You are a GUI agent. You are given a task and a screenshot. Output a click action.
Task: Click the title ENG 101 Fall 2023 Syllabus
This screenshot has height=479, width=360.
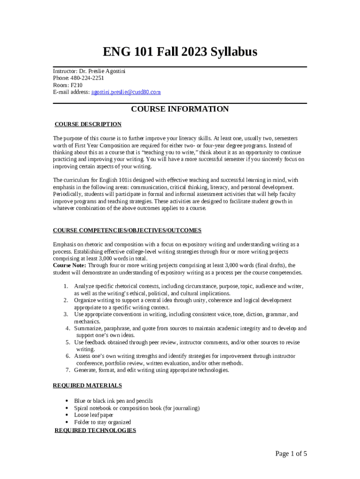point(180,52)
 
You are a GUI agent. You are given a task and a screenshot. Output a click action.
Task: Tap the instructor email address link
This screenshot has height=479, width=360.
point(126,93)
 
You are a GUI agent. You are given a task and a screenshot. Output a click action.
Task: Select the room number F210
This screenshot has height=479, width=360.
point(76,86)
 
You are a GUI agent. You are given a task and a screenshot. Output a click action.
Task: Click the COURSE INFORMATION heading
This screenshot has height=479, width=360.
point(180,109)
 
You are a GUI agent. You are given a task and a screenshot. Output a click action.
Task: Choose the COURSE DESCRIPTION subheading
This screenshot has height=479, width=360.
point(88,124)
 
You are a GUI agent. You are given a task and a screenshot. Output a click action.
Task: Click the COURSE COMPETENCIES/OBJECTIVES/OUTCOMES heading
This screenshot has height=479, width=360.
point(127,231)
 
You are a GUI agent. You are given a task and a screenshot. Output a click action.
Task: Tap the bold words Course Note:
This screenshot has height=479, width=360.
point(67,265)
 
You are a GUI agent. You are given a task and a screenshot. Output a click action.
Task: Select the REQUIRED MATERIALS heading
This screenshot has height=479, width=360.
point(87,385)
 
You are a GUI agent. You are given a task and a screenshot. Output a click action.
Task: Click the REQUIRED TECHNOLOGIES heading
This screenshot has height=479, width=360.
point(95,430)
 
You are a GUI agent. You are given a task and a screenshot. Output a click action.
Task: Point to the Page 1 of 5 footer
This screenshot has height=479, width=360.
point(291,454)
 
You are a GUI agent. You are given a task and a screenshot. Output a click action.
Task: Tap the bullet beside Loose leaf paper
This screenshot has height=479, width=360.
point(68,415)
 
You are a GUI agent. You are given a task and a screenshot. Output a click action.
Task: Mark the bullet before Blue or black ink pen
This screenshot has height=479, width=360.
point(68,401)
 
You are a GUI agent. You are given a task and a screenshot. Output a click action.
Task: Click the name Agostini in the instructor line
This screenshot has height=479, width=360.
point(115,71)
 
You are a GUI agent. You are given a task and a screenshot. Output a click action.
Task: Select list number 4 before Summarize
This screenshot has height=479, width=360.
point(68,328)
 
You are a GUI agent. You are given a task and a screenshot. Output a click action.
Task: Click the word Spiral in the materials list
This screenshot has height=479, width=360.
point(82,408)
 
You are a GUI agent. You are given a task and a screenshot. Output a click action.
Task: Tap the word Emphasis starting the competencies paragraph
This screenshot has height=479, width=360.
point(65,244)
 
